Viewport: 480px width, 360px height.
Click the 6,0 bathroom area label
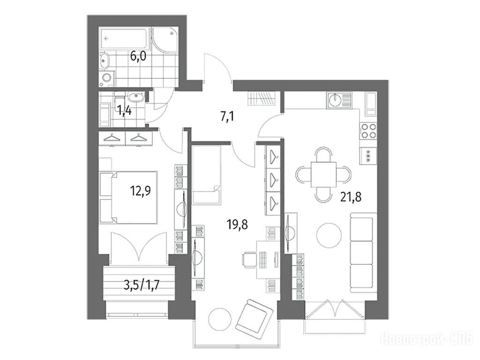pos(138,56)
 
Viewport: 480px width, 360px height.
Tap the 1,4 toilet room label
pos(125,110)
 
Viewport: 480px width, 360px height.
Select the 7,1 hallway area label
pos(227,117)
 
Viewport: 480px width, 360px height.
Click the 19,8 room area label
pos(237,225)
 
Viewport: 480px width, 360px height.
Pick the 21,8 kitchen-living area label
pos(351,196)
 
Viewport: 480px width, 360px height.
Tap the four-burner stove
pos(368,131)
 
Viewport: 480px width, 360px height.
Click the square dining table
pos(323,174)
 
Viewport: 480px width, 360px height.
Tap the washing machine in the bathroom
pos(107,78)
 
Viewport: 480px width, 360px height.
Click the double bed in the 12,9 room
pos(128,197)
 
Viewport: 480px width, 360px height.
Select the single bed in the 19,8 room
pos(207,175)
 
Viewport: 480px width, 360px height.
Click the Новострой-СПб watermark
pos(427,339)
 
